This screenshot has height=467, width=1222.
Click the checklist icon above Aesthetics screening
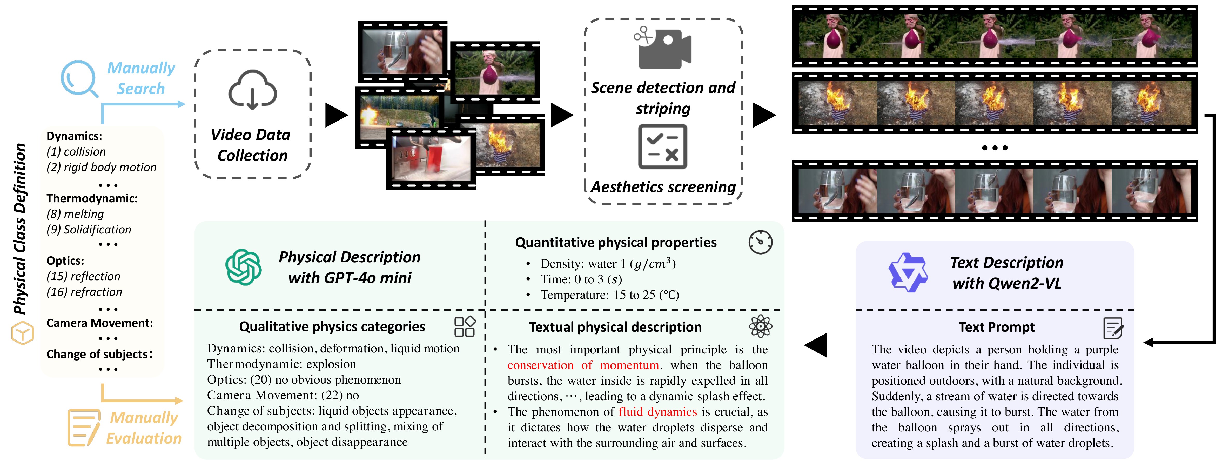click(663, 147)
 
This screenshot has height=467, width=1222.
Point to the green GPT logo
click(243, 267)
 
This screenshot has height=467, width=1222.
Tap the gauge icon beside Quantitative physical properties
click(760, 242)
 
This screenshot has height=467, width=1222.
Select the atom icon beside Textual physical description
click(760, 326)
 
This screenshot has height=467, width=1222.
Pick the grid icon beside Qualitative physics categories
click(464, 326)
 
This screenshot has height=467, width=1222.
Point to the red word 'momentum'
click(629, 365)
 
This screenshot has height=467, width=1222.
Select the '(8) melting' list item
click(75, 214)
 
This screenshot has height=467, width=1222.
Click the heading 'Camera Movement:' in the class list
click(100, 323)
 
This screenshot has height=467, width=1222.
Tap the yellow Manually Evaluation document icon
click(84, 427)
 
